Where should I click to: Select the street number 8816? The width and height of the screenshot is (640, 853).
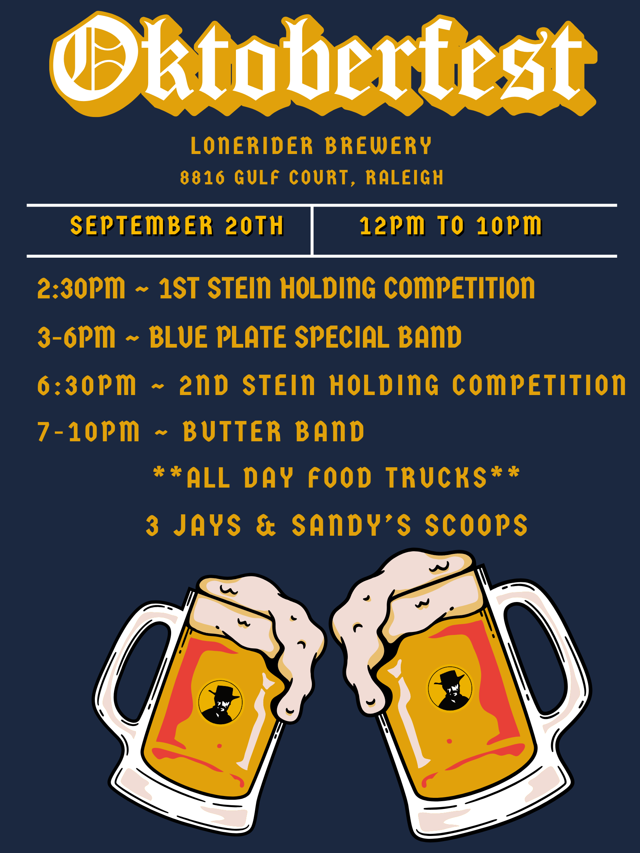202,178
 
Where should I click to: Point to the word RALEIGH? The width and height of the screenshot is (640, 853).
405,178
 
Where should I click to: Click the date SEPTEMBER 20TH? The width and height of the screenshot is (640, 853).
177,225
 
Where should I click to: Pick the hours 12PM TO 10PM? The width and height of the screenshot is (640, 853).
451,225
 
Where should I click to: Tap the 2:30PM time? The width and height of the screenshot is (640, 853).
81,288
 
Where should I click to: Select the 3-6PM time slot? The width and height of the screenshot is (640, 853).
76,337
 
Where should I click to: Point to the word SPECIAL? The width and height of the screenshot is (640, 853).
342,337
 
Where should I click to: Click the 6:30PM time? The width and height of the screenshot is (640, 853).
86,385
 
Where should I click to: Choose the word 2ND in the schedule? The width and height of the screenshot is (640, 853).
204,385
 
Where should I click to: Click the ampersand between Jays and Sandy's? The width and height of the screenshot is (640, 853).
266,525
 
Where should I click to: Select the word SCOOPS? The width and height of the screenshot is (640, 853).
476,525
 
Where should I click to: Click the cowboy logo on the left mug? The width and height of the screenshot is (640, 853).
220,702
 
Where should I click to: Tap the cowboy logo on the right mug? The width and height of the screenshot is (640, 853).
450,689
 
